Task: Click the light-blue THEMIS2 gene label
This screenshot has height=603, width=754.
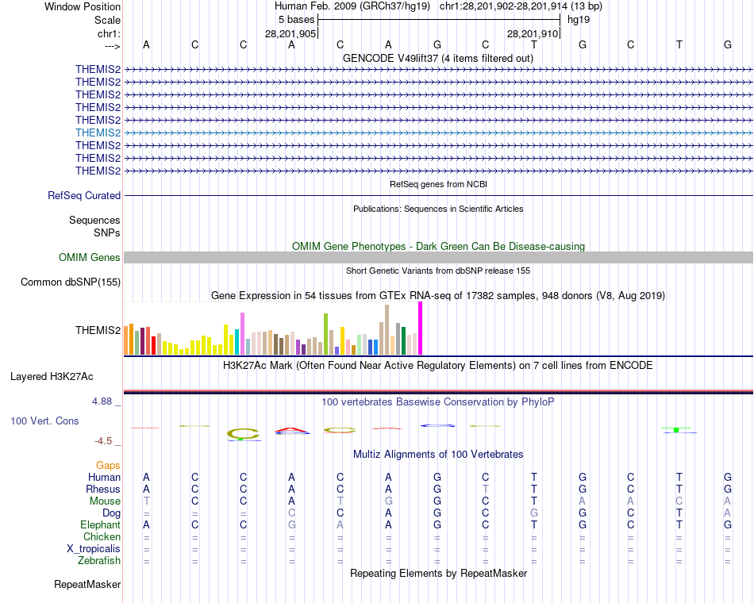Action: click(x=98, y=133)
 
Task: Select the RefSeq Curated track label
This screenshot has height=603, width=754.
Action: click(x=84, y=195)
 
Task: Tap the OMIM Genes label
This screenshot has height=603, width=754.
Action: click(x=90, y=257)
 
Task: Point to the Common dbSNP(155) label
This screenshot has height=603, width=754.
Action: click(x=71, y=282)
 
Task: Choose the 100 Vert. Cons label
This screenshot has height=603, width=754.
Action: click(x=44, y=421)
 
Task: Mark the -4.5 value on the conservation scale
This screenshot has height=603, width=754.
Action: click(x=107, y=441)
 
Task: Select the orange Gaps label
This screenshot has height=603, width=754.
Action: click(x=108, y=465)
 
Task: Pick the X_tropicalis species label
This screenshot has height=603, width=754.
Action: click(x=94, y=549)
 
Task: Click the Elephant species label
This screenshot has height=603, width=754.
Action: click(x=100, y=525)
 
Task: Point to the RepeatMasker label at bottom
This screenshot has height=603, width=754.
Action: click(x=87, y=585)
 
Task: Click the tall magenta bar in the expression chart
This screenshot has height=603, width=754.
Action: click(x=420, y=328)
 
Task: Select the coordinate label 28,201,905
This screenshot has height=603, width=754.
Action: click(x=290, y=34)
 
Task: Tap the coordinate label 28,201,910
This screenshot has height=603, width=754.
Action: click(x=533, y=34)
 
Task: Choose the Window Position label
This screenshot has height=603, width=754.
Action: click(x=83, y=6)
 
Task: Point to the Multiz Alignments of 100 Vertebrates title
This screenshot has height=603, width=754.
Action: click(x=438, y=454)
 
